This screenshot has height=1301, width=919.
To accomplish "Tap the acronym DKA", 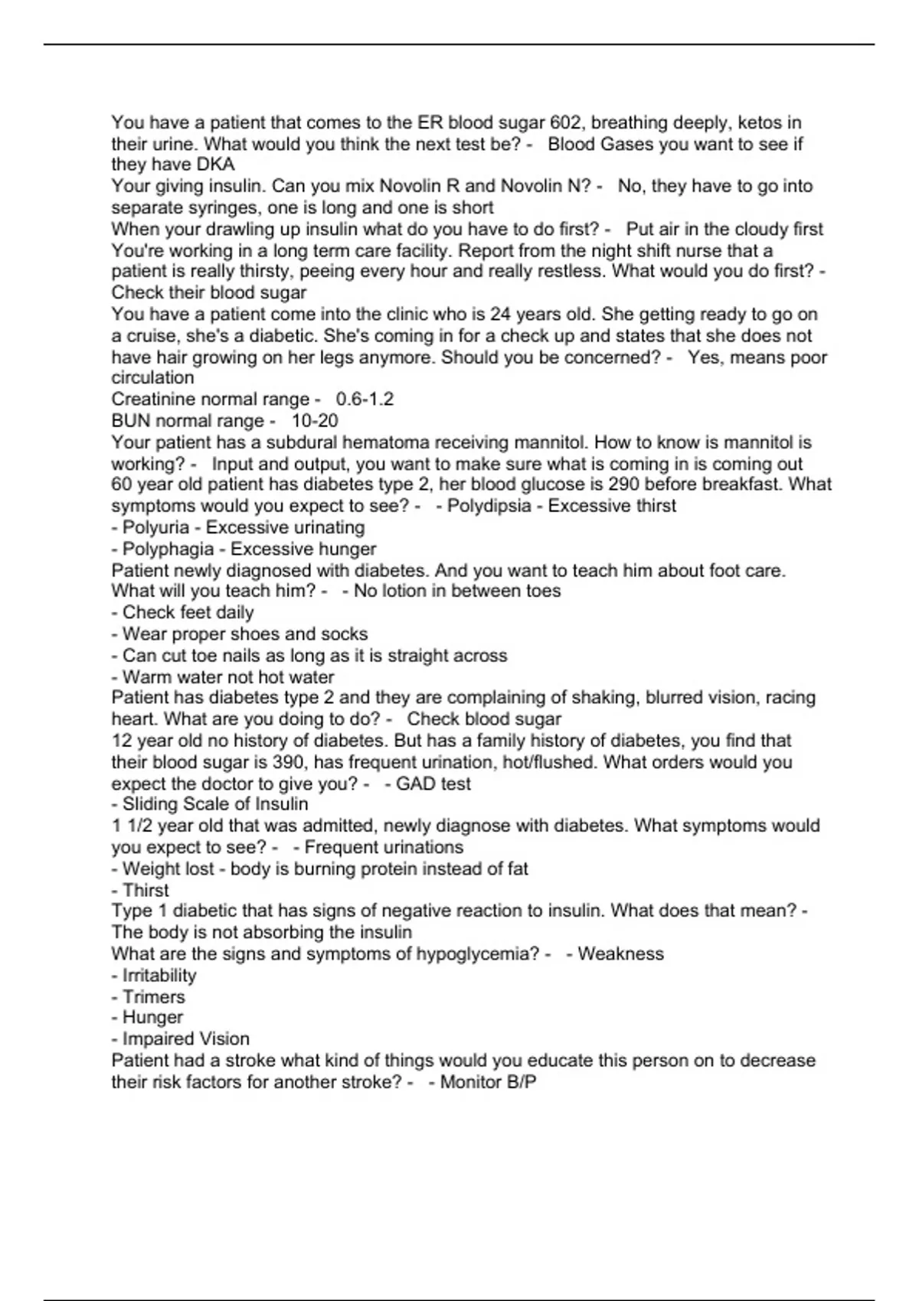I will click(x=215, y=165).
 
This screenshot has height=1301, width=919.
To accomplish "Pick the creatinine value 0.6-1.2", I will click(x=365, y=399).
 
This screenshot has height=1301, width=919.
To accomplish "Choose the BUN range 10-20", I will click(x=315, y=421).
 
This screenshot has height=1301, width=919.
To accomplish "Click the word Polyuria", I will click(x=155, y=527).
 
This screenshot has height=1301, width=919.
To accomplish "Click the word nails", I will click(x=241, y=656).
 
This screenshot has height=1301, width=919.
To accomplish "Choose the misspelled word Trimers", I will click(x=154, y=997).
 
